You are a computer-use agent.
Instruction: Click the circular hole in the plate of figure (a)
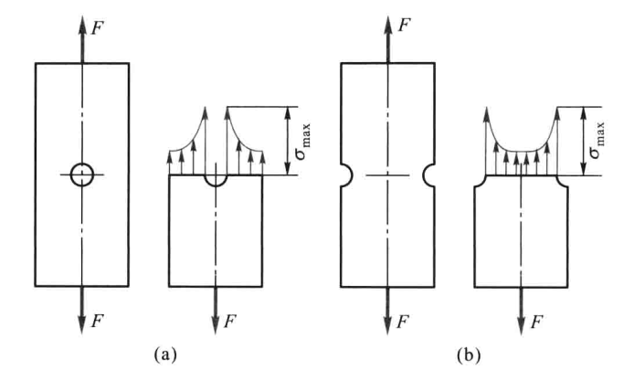click(x=71, y=174)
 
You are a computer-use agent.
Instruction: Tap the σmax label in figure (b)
click(x=597, y=140)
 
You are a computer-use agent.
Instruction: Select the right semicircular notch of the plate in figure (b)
click(x=425, y=174)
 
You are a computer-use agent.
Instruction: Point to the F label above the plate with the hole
click(x=98, y=27)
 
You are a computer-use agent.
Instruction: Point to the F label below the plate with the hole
click(x=98, y=321)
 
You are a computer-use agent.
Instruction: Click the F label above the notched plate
click(x=404, y=25)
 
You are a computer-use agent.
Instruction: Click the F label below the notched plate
click(x=403, y=321)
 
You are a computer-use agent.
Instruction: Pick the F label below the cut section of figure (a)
click(x=230, y=321)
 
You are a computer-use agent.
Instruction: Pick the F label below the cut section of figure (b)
click(x=537, y=321)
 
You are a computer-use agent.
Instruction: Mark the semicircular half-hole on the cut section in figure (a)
click(x=216, y=186)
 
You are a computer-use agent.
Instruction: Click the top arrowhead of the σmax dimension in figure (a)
click(x=289, y=113)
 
